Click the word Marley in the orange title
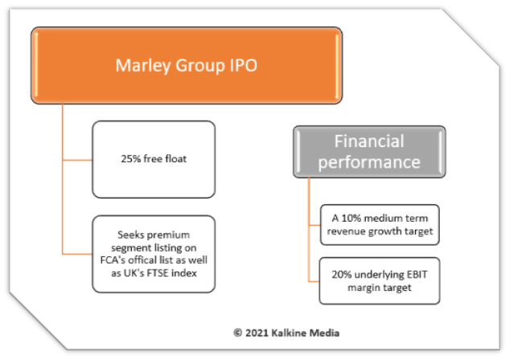(x=143, y=66)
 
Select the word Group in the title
(x=200, y=66)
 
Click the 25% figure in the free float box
(x=131, y=158)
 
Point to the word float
(x=176, y=158)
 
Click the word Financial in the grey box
(x=369, y=141)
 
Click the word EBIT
(x=417, y=274)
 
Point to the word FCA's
(x=113, y=260)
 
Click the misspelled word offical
(x=143, y=260)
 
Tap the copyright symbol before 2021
(x=238, y=333)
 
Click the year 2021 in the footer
(x=257, y=333)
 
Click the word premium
(x=169, y=235)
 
